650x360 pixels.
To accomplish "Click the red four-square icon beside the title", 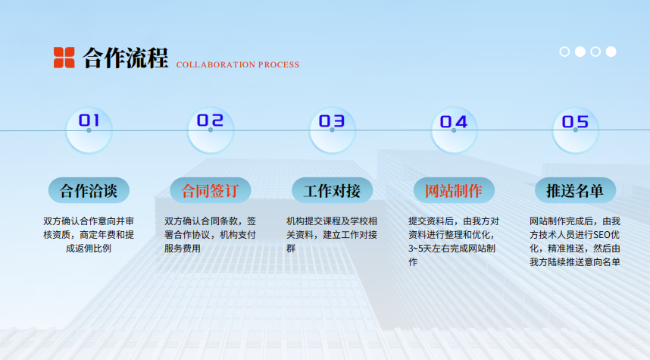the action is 64,58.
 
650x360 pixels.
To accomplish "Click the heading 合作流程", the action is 125,58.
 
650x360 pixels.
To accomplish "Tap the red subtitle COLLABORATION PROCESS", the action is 238,64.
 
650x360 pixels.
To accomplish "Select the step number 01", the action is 89,121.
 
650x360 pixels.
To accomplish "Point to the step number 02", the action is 210,121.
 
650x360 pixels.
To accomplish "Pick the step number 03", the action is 332,121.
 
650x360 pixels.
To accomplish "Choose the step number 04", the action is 454,122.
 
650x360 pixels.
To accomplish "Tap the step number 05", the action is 575,122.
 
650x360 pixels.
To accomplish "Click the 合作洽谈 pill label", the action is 89,190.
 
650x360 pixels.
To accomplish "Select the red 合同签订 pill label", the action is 210,190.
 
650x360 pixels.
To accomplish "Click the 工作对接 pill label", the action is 332,190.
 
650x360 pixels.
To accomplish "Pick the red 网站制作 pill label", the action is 454,190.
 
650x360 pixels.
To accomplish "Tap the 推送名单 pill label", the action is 576,190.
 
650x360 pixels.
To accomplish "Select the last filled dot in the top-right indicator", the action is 611,52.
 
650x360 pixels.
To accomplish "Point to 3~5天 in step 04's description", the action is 420,249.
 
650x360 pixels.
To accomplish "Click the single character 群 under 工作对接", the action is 291,249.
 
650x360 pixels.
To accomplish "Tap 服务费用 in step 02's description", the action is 183,249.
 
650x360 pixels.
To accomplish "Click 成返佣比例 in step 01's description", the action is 89,249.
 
